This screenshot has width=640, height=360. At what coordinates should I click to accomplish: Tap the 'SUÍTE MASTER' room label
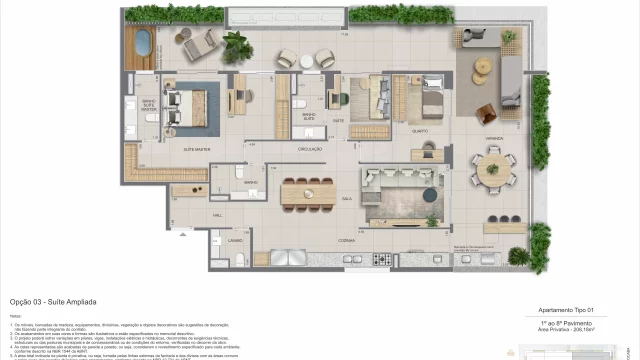(196, 147)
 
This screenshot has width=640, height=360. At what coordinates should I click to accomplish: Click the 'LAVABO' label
(236, 240)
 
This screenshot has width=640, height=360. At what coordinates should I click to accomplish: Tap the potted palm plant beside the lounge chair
(236, 43)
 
